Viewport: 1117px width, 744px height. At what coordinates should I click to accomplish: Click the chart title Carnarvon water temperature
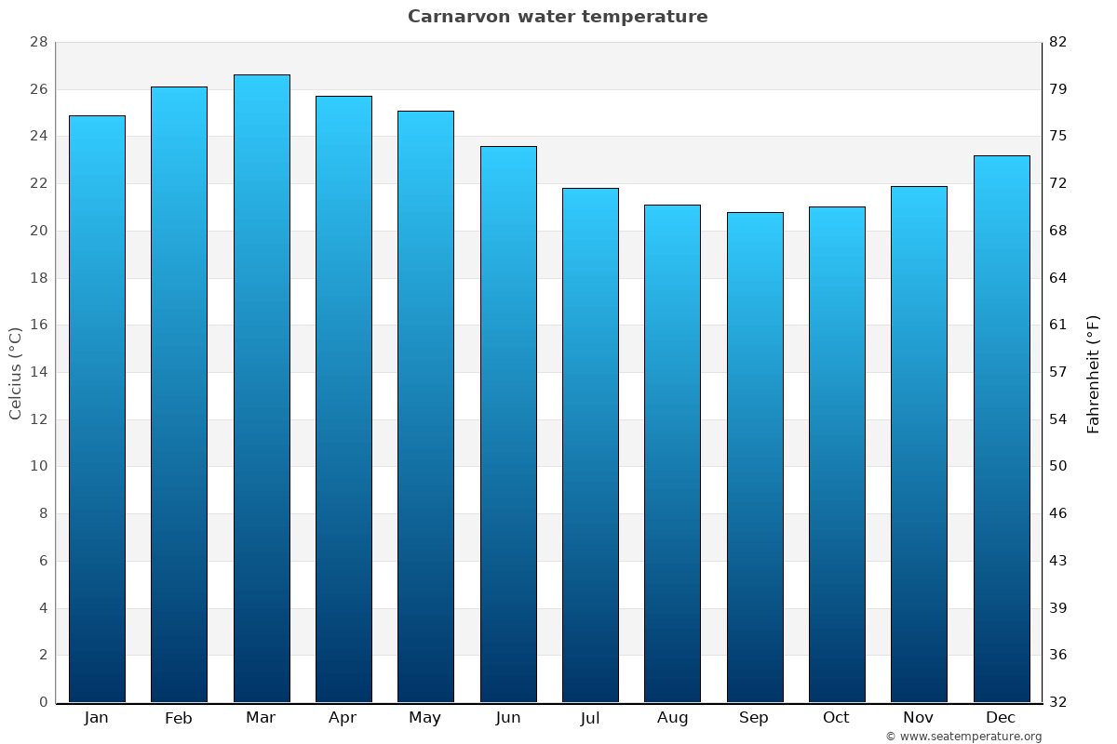tap(558, 17)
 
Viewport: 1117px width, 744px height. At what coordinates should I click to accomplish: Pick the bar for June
tap(508, 423)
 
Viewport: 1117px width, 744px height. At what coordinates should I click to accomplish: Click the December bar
tap(1002, 428)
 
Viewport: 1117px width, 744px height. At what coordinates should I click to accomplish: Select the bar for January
tap(97, 409)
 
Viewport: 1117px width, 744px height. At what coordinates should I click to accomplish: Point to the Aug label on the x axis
tap(672, 718)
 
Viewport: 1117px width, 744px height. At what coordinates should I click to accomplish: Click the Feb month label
tap(178, 718)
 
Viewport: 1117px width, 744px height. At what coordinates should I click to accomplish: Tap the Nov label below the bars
tap(919, 718)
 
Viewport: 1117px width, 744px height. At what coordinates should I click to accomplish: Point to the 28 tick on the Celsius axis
tap(38, 43)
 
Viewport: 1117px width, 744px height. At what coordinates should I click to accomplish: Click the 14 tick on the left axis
tap(38, 372)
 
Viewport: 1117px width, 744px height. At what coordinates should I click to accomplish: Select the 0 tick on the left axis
tap(43, 702)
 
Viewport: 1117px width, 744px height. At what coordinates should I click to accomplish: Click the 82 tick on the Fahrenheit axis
tap(1058, 43)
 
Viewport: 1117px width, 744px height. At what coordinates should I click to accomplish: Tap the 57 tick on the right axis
tap(1058, 372)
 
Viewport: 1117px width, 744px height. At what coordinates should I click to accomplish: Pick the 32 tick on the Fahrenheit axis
tap(1058, 702)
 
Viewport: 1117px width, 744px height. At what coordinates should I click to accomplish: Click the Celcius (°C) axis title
tap(16, 372)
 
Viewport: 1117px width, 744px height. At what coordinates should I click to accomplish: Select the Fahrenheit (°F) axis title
tap(1093, 374)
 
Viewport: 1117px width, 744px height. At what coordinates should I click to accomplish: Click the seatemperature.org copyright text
tap(962, 737)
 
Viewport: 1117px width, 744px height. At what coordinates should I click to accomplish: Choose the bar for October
tap(837, 456)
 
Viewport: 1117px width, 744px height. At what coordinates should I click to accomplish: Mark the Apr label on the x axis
tap(343, 718)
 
